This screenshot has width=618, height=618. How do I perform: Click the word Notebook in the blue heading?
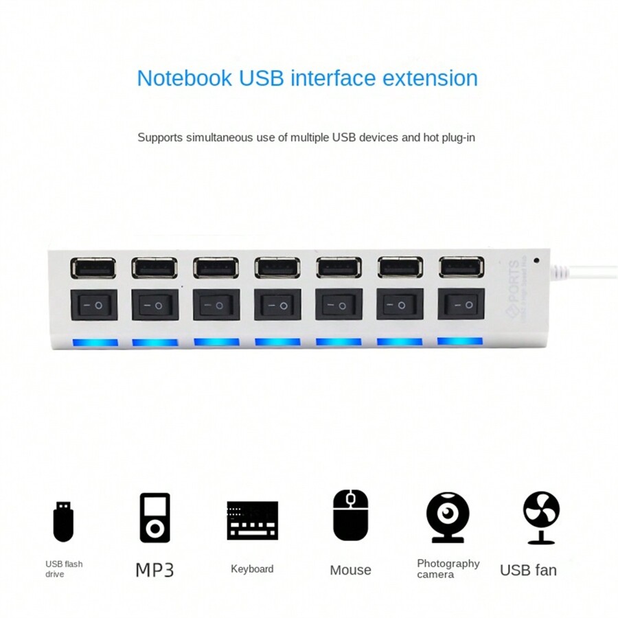pyautogui.click(x=185, y=78)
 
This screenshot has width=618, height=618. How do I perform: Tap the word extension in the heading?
pyautogui.click(x=430, y=78)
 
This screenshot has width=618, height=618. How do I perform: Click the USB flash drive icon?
pyautogui.click(x=63, y=521)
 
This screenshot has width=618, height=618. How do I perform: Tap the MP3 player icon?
pyautogui.click(x=154, y=518)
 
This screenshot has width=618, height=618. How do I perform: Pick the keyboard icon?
pyautogui.click(x=252, y=520)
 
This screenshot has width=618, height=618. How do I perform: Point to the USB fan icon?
pyautogui.click(x=541, y=517)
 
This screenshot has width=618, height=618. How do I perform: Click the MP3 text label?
pyautogui.click(x=154, y=570)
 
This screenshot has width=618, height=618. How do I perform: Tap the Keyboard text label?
pyautogui.click(x=252, y=569)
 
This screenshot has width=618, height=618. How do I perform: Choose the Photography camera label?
pyautogui.click(x=448, y=569)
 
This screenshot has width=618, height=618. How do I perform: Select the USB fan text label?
pyautogui.click(x=528, y=570)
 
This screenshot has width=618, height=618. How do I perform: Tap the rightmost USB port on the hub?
pyautogui.click(x=461, y=266)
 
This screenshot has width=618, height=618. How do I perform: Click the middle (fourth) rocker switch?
pyautogui.click(x=277, y=304)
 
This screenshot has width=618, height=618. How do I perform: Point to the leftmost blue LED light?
pyautogui.click(x=95, y=342)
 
